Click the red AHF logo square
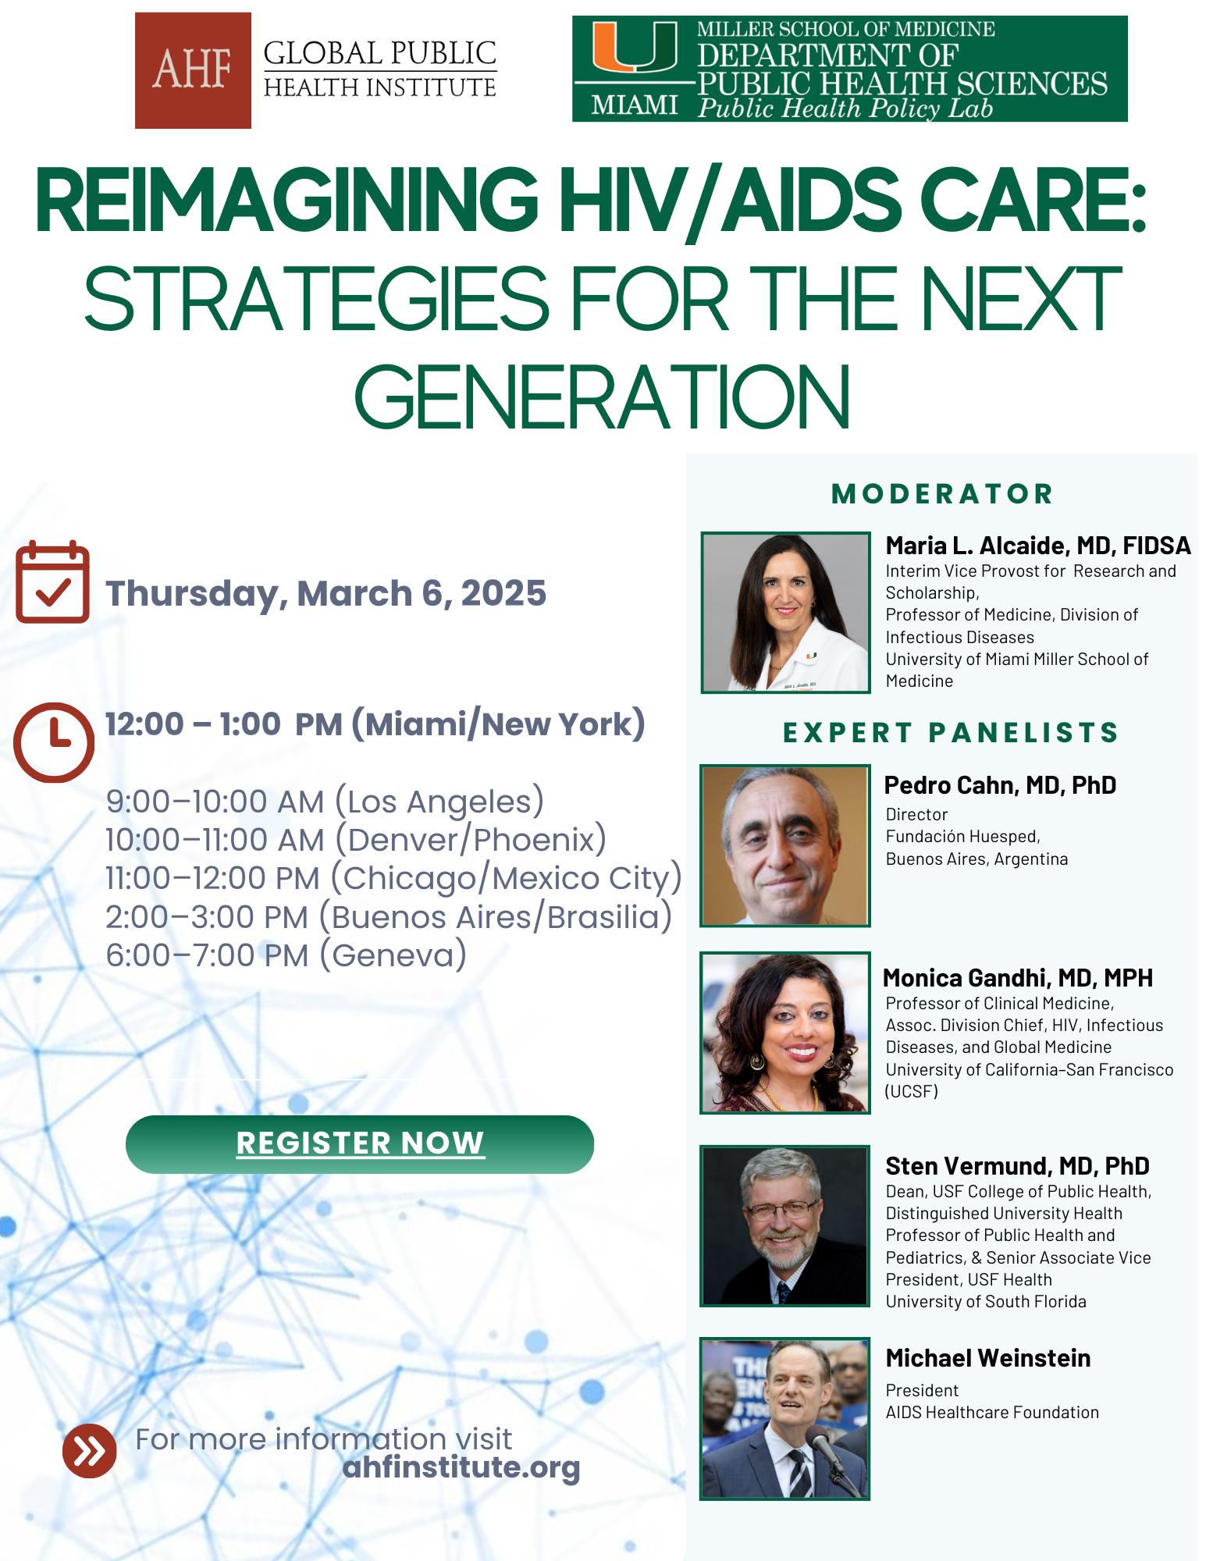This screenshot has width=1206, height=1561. [193, 70]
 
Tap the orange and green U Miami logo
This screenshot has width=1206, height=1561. [635, 48]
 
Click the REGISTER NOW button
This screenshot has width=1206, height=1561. [360, 1144]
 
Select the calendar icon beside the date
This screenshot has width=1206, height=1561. [52, 581]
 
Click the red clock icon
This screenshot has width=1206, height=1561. [54, 742]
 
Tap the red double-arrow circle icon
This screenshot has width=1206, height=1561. [90, 1451]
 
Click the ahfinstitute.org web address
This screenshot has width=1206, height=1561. [461, 1467]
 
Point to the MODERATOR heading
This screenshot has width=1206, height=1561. [943, 493]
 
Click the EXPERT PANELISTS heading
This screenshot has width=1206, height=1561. [951, 732]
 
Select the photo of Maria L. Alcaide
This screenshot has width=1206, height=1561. [785, 613]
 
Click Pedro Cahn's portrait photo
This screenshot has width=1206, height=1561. [785, 845]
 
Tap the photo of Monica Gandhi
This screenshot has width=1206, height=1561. [785, 1033]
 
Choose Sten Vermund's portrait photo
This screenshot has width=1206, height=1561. [785, 1225]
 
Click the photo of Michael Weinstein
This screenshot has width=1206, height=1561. [785, 1419]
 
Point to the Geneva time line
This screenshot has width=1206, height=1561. [286, 955]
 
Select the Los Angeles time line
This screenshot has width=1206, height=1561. [325, 802]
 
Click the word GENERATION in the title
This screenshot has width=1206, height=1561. [603, 397]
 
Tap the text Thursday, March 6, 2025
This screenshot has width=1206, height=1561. [326, 594]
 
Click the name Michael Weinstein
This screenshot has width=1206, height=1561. [987, 1358]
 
